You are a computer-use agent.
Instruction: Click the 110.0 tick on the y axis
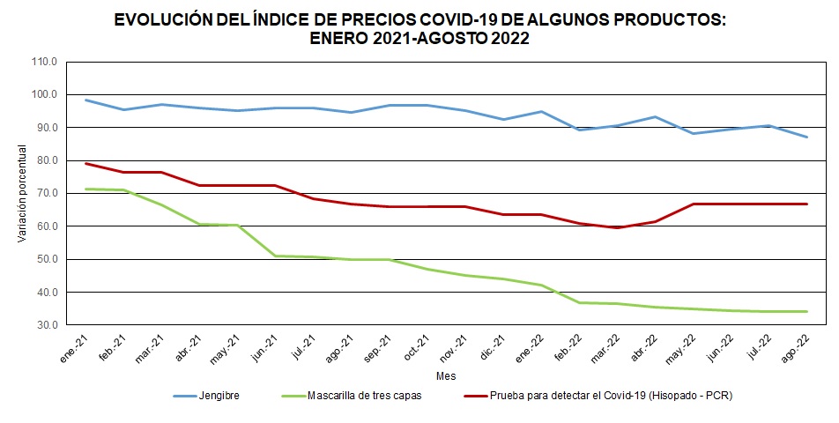[x=42, y=62]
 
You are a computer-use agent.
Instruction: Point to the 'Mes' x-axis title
[x=446, y=376]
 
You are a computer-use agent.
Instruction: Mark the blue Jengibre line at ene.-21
[x=86, y=100]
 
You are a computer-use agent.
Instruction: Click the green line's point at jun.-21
[x=276, y=256]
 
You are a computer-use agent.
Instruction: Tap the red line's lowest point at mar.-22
[x=617, y=227]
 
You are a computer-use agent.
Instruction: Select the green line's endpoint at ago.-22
[x=806, y=311]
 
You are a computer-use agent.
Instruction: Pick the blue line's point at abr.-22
[x=655, y=116]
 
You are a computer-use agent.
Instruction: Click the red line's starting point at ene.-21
[x=86, y=163]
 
